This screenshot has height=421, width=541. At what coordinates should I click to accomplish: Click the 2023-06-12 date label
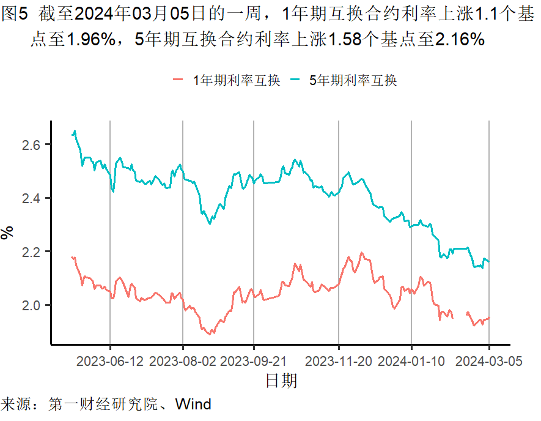pos(110,361)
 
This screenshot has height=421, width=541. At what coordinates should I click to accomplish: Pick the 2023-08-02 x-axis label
pos(183,361)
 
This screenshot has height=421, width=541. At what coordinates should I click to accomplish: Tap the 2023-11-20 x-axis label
pos(339,361)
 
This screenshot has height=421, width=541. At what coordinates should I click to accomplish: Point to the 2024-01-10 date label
pos(411,361)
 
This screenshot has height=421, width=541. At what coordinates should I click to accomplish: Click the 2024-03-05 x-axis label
pos(489,361)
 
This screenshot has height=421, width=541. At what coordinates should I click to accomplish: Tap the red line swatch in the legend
pos(179,80)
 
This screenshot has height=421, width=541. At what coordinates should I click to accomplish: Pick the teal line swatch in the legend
pos(295,80)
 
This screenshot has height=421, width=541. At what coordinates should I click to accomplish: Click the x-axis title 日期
pos(281,381)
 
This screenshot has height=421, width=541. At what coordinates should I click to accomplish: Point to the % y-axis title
pos(7,233)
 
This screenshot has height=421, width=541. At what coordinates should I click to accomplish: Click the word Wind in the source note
pos(193,404)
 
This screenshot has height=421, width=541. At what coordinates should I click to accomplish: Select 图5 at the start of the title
pos(15,17)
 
